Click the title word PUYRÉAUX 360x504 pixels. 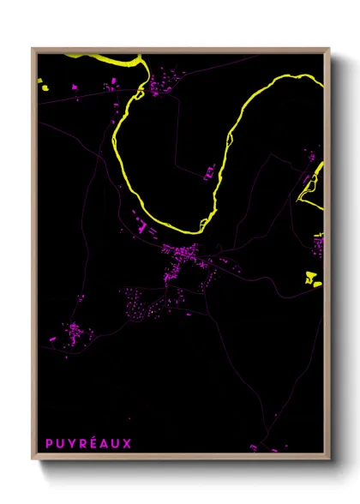(88, 443)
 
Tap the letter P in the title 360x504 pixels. (50, 443)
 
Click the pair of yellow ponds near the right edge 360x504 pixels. (312, 277)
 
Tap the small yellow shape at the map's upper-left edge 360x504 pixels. (39, 82)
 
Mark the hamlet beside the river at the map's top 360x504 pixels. (159, 87)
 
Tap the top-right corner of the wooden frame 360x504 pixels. (329, 49)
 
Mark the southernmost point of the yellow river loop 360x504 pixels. (184, 231)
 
